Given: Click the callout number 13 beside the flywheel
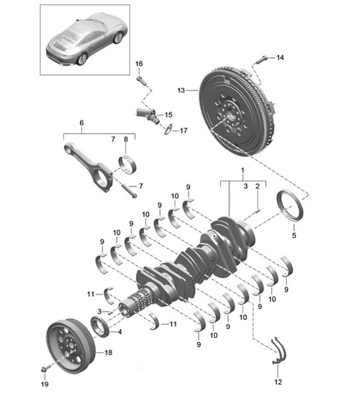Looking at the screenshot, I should pyautogui.click(x=182, y=89).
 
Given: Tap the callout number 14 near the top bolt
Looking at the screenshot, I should pyautogui.click(x=280, y=58).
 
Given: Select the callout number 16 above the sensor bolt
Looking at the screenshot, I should pyautogui.click(x=139, y=63).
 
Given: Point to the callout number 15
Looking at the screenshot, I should pyautogui.click(x=168, y=114).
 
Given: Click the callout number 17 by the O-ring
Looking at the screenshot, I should pyautogui.click(x=184, y=130).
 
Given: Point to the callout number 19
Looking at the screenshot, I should pyautogui.click(x=45, y=383).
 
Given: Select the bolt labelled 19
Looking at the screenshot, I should pyautogui.click(x=44, y=368).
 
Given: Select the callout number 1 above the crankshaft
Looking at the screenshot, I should pyautogui.click(x=242, y=170).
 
